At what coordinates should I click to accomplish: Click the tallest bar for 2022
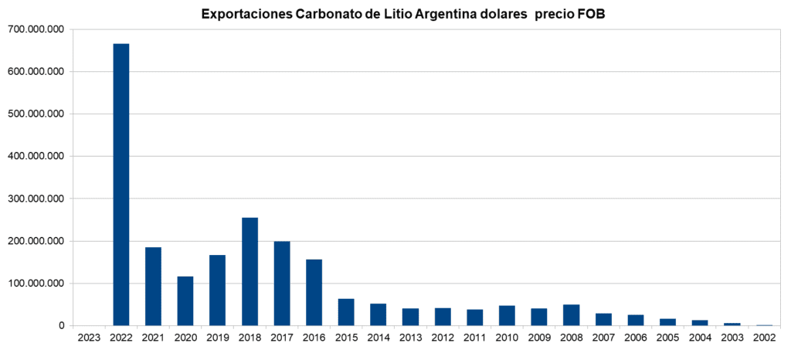[121, 185]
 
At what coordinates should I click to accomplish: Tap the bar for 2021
[153, 286]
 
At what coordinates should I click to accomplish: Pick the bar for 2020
[185, 301]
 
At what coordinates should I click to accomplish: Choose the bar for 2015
[346, 312]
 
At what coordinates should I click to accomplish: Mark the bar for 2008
[571, 315]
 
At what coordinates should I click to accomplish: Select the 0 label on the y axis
[61, 326]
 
